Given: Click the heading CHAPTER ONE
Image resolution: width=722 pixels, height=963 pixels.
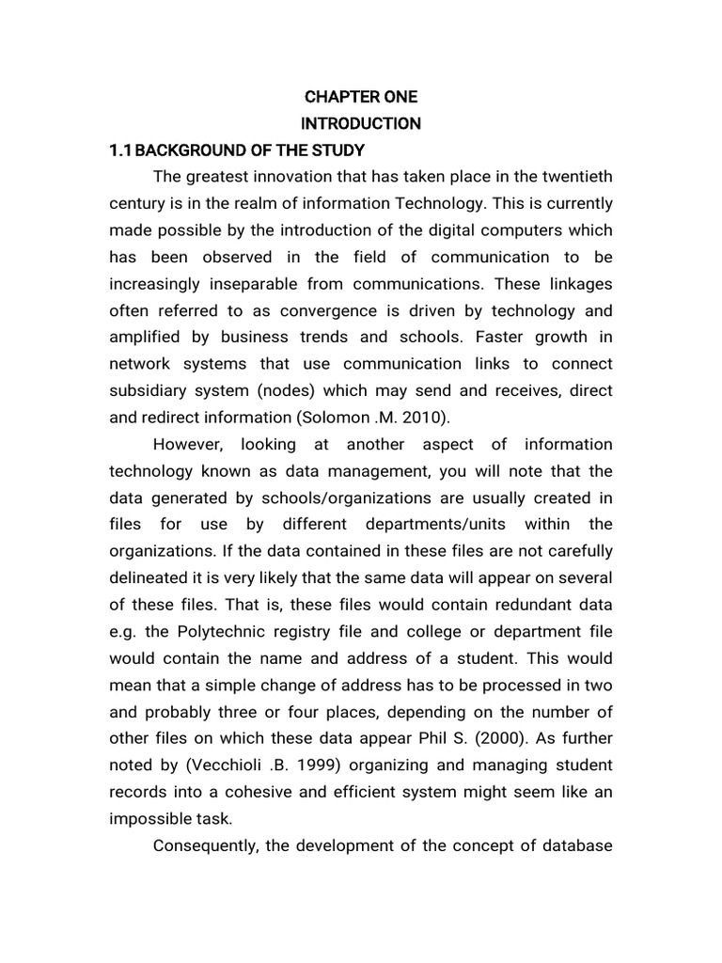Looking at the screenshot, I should [x=360, y=97].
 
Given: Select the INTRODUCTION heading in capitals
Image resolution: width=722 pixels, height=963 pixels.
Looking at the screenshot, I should [x=360, y=123].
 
